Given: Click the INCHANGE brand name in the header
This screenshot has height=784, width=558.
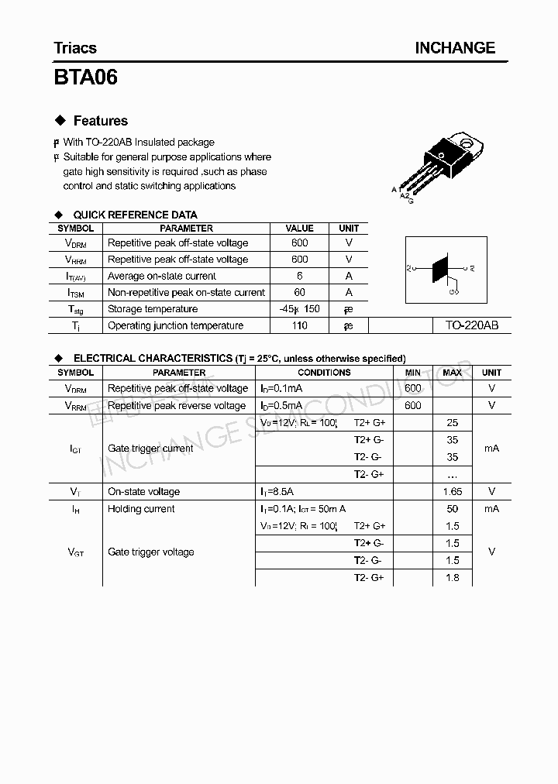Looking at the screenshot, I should coord(455,48).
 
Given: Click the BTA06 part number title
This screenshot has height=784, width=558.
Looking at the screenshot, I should coord(86,77).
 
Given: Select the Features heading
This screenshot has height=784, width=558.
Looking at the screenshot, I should coord(100,121).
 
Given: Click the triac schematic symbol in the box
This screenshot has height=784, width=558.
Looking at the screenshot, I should coord(442,270).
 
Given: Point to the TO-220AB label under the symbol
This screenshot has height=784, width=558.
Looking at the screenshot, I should coord(472,325).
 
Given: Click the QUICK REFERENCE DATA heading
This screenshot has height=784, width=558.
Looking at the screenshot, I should coord(135,215).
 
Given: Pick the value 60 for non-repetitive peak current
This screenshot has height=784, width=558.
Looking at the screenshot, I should coord(300,292).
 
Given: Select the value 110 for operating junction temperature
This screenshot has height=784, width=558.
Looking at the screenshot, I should coord(300,325).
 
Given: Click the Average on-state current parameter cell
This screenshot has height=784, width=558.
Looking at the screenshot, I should coord(162,276).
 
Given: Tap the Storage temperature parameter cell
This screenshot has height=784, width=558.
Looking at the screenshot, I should coord(153,309).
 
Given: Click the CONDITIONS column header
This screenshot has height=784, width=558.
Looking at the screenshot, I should coord(324,373).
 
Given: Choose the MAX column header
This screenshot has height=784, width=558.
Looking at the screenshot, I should coord(453,373).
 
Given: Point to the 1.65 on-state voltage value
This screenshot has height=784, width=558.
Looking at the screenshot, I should coord(453,491).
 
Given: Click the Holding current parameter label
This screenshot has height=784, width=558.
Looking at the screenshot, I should coord(141,509).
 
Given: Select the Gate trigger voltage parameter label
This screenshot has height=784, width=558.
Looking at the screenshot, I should coord(151,552).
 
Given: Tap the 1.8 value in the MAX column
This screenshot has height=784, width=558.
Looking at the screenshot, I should coord(453,577).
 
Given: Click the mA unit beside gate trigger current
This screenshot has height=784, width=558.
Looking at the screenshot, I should coord(491,448).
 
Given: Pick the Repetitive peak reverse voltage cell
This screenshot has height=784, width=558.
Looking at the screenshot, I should coord(177,405).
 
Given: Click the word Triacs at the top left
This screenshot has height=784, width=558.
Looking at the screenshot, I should coord(75,48).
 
